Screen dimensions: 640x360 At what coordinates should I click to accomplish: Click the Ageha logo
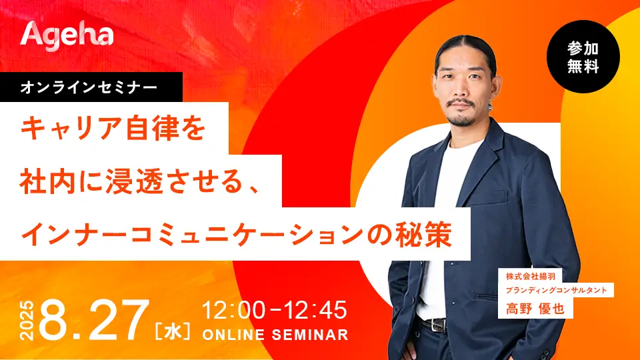pyautogui.click(x=67, y=35)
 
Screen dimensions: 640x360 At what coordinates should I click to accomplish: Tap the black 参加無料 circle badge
pyautogui.click(x=583, y=57)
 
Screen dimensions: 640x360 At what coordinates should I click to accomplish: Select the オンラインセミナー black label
pyautogui.click(x=91, y=87)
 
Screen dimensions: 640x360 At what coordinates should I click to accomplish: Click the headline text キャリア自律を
pyautogui.click(x=113, y=128)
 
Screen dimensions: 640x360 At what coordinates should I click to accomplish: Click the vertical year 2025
pyautogui.click(x=27, y=321)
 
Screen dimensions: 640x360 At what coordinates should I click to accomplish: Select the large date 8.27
pyautogui.click(x=94, y=320)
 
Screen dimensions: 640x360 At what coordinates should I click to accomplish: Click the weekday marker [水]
pyautogui.click(x=172, y=331)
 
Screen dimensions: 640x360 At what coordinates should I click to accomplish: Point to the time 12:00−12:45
pyautogui.click(x=275, y=310)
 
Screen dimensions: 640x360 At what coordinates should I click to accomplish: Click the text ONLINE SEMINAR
pyautogui.click(x=275, y=335)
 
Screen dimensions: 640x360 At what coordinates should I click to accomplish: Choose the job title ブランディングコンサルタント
pyautogui.click(x=556, y=290)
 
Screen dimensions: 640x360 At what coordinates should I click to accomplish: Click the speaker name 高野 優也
pyautogui.click(x=535, y=309)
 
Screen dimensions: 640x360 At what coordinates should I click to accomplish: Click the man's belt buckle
pyautogui.click(x=439, y=325)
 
